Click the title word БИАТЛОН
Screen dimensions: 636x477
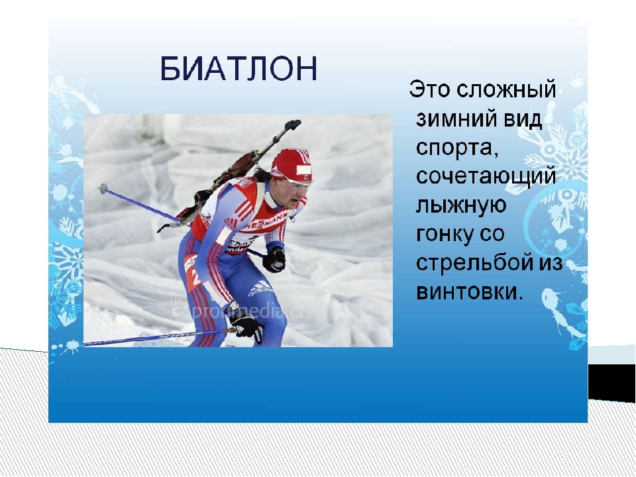coord(238,68)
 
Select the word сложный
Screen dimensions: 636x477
coord(506,89)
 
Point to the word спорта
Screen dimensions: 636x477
coord(457,148)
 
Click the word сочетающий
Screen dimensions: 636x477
coord(486,176)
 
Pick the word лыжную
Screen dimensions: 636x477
coord(461,205)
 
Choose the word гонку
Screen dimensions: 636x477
coord(444,235)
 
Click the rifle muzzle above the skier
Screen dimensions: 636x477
coord(293,124)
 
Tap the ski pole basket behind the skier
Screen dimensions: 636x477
coord(103,189)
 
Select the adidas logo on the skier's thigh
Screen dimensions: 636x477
coord(260,288)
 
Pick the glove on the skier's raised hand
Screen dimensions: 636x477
coord(274,259)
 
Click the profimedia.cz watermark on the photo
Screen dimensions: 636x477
coord(239,310)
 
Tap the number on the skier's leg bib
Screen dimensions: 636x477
coord(195,278)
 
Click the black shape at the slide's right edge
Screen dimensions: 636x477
coord(612,382)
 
